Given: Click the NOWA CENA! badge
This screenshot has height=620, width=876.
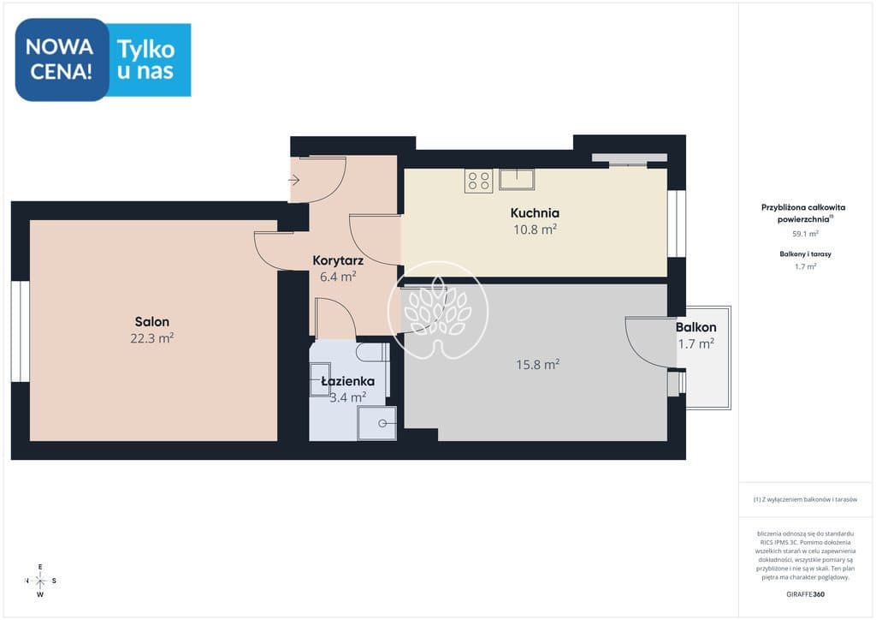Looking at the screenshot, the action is coord(62,59).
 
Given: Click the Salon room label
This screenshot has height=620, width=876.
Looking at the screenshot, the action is coord(152,321).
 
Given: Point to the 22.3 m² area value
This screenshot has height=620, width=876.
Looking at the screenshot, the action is coord(152,338).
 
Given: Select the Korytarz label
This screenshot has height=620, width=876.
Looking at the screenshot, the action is coord(338,260).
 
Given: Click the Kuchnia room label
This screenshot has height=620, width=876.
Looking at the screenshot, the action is coord(535,212).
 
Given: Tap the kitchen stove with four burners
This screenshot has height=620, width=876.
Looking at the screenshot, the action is coord(479,181).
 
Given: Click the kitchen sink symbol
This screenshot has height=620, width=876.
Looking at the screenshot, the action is coord(517,180).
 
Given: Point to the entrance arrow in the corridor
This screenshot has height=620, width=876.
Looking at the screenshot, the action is coord(294,180).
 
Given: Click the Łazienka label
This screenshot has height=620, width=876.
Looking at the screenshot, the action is coord(348,381).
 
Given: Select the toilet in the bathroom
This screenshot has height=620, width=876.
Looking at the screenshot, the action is coord(373,353).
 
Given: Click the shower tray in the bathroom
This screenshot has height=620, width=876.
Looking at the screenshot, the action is coord(377,423).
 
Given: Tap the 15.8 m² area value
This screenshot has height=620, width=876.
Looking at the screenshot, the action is coord(537,365).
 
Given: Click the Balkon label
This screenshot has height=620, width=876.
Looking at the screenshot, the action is coord(695,327).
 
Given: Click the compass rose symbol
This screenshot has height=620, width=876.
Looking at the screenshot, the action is coord(40,581).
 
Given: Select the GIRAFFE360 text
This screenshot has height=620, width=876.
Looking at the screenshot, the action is coord(805,594).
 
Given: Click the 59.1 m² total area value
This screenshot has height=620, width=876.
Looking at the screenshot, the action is coord(806,234).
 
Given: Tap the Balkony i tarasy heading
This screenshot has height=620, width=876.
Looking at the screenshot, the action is coord(805,253).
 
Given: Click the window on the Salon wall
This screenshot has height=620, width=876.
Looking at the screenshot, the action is coord(21,331).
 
